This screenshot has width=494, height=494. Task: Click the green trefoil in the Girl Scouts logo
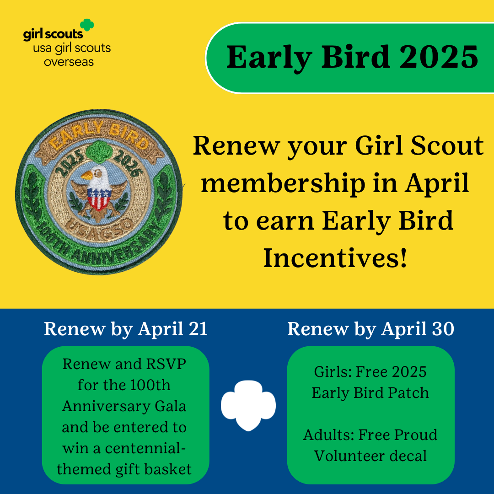coord(87,25)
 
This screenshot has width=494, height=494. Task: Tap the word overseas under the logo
coord(69,61)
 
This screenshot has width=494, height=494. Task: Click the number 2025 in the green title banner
coord(439,57)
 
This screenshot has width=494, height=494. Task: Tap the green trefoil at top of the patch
coord(100,151)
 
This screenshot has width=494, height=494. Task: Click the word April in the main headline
coord(437,184)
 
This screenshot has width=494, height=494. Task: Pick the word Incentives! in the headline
coord(336,258)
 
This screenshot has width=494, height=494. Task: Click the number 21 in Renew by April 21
coord(198,329)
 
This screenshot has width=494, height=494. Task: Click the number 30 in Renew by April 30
coord(443,329)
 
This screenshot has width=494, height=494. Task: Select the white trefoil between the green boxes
coord(248,405)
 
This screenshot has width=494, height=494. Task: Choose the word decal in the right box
coord(408,456)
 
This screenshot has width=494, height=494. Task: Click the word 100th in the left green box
coord(150,385)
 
